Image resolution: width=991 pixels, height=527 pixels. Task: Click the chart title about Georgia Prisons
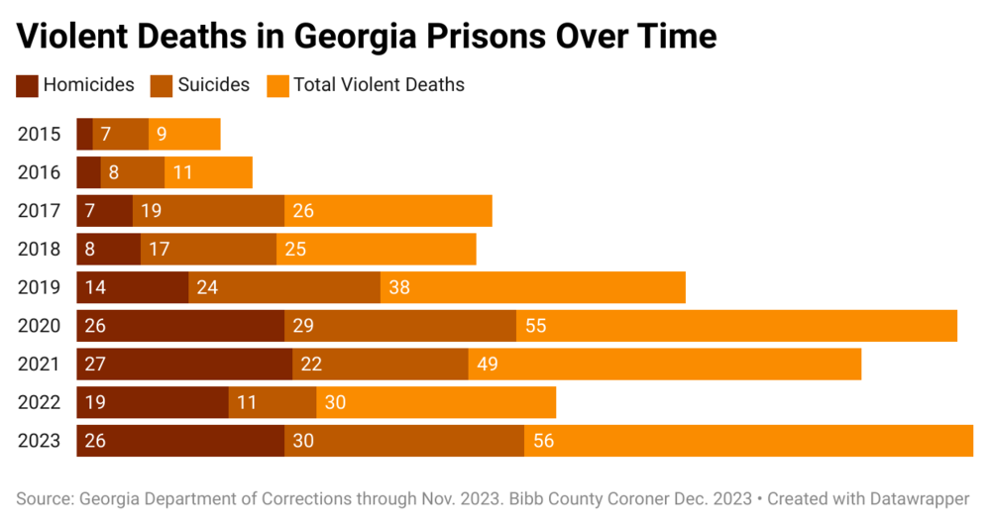click(x=367, y=37)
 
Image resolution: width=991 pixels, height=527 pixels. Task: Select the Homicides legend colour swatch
click(x=27, y=85)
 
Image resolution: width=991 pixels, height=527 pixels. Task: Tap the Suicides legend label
click(x=214, y=85)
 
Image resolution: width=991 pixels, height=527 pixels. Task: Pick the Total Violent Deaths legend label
click(x=379, y=85)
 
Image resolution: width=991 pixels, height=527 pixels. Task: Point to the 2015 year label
click(x=40, y=134)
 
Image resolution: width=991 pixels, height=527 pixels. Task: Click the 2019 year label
click(x=40, y=287)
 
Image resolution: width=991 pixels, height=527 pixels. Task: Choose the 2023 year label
click(x=40, y=441)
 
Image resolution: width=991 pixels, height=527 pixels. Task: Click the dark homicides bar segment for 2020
click(x=180, y=326)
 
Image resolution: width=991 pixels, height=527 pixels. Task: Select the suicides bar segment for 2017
click(x=208, y=211)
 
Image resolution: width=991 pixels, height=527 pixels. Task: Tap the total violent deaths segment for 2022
click(x=436, y=402)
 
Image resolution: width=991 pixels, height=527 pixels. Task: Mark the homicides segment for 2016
click(x=88, y=172)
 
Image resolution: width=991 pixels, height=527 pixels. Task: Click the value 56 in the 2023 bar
click(x=543, y=441)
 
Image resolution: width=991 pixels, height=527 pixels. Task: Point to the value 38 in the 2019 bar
click(x=399, y=287)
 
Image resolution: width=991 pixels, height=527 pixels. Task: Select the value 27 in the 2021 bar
click(x=96, y=365)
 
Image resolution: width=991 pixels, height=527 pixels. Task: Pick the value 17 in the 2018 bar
click(x=160, y=250)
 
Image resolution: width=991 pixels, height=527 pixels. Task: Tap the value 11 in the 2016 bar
click(x=182, y=172)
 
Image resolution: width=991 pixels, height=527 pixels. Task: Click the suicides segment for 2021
click(x=381, y=365)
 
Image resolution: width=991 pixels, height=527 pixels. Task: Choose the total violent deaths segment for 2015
click(x=184, y=134)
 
